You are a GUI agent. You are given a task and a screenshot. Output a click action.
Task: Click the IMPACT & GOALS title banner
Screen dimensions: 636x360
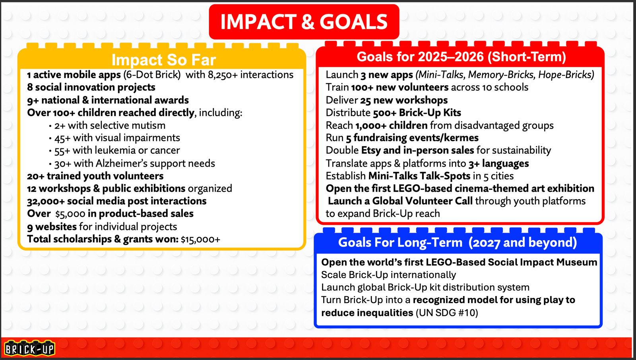[x=304, y=22]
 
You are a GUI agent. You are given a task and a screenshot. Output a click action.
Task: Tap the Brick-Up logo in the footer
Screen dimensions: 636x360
[x=29, y=348]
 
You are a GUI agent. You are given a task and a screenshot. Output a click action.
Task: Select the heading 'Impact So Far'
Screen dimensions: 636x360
[x=164, y=60]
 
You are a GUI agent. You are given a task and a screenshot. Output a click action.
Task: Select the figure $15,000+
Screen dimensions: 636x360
[x=200, y=239]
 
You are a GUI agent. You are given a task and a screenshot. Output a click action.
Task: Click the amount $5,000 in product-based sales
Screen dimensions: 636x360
[x=70, y=214]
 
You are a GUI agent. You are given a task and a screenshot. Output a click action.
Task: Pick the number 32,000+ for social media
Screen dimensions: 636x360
[x=46, y=201]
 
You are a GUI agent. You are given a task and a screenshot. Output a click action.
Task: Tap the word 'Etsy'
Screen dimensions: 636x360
[x=371, y=150]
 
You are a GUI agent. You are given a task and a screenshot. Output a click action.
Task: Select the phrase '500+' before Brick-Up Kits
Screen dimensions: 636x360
[x=385, y=113]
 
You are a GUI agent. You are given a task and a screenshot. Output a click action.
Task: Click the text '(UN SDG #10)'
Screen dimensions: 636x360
[x=447, y=313]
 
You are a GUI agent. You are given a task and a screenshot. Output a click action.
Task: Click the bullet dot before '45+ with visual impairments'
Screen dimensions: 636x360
[x=50, y=138]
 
